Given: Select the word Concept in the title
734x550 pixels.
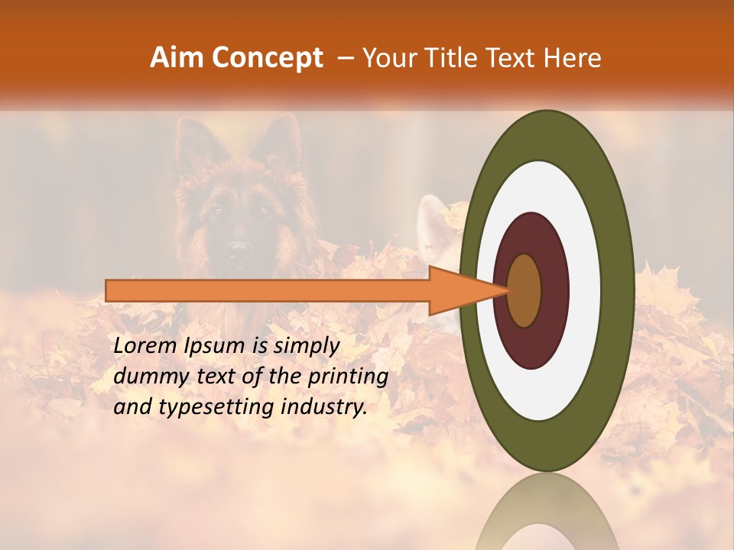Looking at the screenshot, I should (x=267, y=58).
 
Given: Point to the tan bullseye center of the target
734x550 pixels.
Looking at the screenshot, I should (x=524, y=290).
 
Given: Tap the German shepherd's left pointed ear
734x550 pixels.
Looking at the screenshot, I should (x=191, y=141).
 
